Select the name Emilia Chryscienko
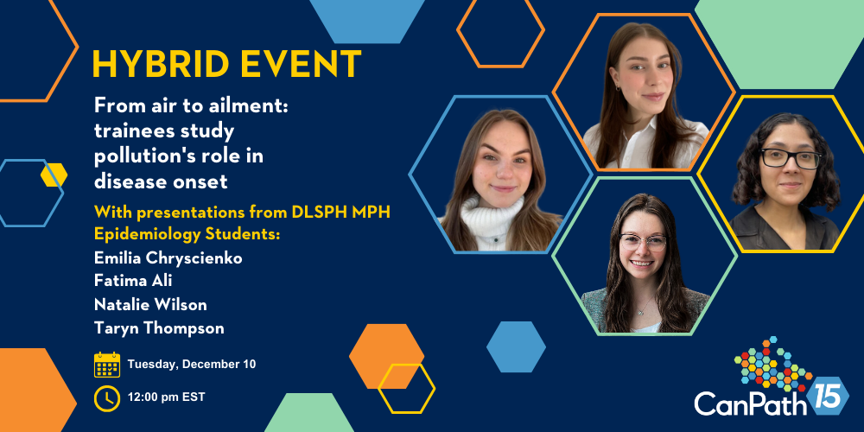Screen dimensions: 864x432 [x=168, y=258]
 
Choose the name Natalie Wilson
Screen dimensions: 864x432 [x=150, y=304]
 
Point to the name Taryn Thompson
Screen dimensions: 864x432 [x=159, y=328]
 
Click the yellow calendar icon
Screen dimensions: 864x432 [x=107, y=365]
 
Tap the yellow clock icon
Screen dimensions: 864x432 [x=107, y=397]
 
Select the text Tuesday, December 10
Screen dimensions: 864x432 [x=192, y=365]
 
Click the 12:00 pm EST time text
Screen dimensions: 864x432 [x=167, y=397]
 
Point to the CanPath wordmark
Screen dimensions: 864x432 [x=751, y=403]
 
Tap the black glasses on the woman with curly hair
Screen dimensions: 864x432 [x=791, y=159]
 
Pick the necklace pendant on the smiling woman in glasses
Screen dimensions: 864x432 [x=640, y=311]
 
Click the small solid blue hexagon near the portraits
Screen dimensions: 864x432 [x=516, y=346]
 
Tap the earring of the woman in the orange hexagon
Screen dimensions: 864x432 [x=618, y=87]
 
